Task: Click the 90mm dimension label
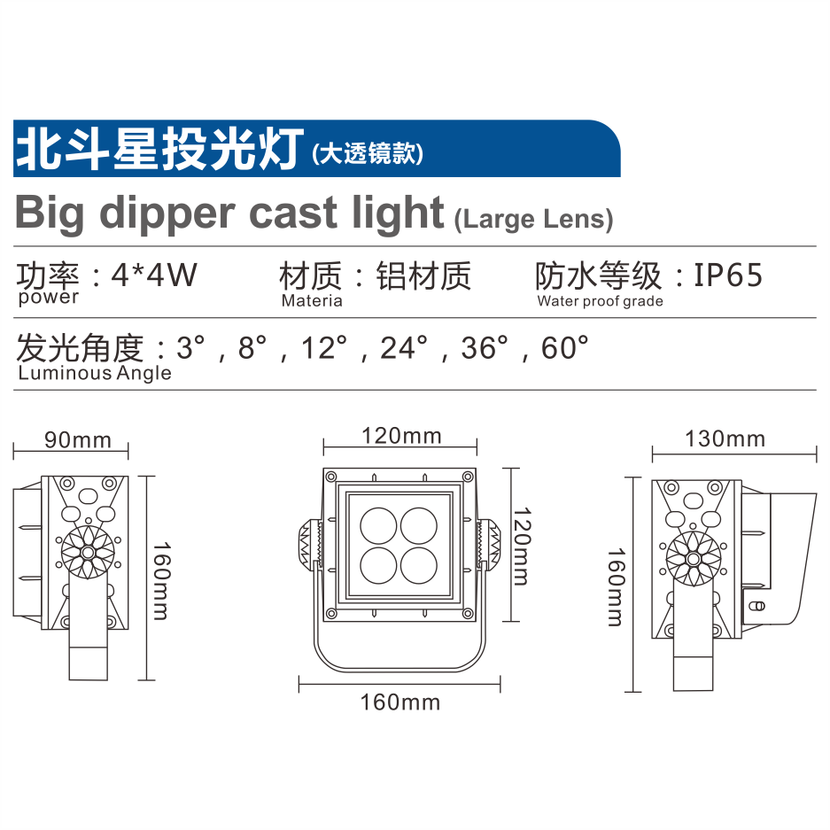(78, 440)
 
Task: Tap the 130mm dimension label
(725, 438)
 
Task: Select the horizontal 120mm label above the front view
(401, 436)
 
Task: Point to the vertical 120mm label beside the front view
(522, 546)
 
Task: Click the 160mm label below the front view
(400, 702)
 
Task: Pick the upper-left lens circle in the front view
(378, 526)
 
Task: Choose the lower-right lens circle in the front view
(419, 565)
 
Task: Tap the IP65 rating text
(728, 275)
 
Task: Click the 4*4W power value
(154, 275)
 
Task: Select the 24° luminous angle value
(404, 348)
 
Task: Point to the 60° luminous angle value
(564, 348)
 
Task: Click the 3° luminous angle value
(190, 348)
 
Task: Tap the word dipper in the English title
(167, 213)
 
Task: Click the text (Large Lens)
(533, 219)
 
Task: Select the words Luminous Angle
(95, 373)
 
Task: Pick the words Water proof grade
(601, 301)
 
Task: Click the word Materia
(312, 300)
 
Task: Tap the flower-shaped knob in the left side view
(88, 553)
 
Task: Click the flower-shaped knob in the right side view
(693, 559)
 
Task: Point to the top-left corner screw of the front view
(330, 477)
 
